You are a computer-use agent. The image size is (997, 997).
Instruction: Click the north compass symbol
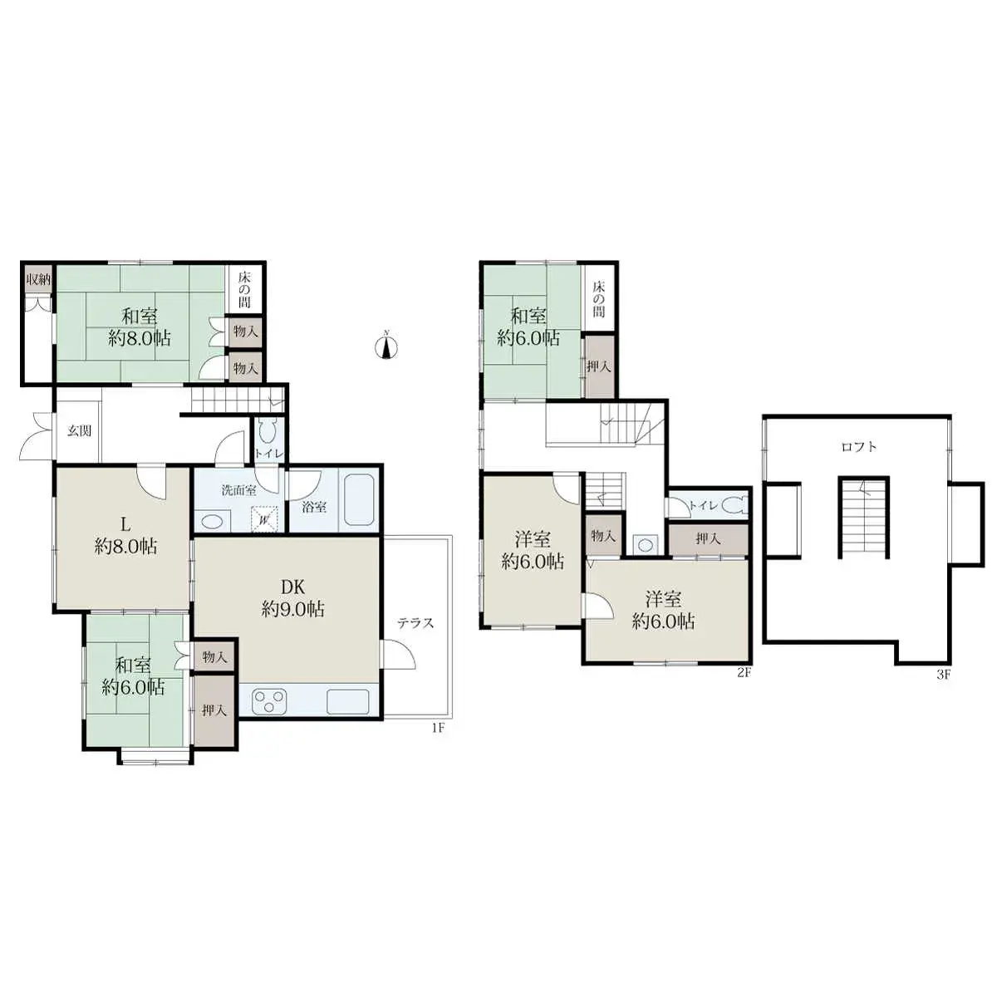tap(386, 346)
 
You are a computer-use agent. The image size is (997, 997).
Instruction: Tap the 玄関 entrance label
tap(79, 430)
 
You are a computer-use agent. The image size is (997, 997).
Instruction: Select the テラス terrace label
tap(415, 623)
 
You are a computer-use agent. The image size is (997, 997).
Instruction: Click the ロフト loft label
tap(858, 447)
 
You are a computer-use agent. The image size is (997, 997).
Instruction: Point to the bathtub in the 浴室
tap(360, 500)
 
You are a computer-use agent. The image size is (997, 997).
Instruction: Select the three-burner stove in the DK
tap(269, 700)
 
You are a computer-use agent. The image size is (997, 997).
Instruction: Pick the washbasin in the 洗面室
tap(212, 521)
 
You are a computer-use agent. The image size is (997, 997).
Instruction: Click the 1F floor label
tap(439, 729)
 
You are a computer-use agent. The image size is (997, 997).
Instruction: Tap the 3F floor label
tap(943, 675)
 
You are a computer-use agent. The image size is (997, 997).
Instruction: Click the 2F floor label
tap(744, 673)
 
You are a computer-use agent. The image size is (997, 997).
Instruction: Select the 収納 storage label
tap(37, 279)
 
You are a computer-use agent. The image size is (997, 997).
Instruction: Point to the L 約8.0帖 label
tap(125, 536)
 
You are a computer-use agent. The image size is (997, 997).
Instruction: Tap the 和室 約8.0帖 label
tap(139, 327)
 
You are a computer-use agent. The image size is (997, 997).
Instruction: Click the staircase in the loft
tap(863, 518)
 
